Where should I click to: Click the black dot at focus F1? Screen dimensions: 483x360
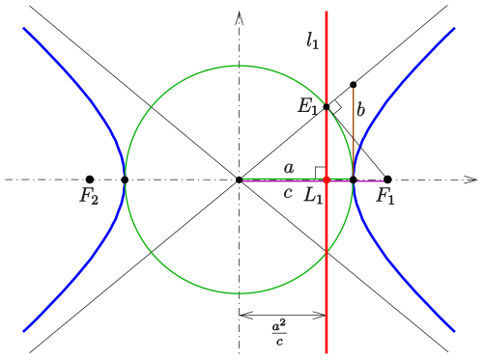[387, 180]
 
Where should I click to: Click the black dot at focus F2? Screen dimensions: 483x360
[90, 180]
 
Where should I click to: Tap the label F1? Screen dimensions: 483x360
[385, 196]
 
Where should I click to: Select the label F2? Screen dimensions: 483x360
[89, 196]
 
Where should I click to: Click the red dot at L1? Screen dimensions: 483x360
[327, 180]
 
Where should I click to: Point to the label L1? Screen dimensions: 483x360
[313, 196]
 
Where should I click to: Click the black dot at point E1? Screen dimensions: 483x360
[327, 107]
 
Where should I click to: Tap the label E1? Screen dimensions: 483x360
[308, 106]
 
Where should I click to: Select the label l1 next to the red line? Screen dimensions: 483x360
[312, 41]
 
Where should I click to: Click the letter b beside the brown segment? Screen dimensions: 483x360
[361, 109]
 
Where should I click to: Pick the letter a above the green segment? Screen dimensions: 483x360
[289, 168]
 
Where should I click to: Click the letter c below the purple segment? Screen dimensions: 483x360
[288, 193]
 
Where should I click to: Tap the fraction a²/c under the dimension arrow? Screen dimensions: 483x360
[279, 333]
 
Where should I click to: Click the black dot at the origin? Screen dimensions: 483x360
[239, 180]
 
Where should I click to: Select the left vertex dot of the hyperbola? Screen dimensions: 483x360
[125, 180]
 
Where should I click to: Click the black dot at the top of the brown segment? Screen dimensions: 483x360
[354, 85]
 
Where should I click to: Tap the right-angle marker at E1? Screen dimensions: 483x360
[335, 107]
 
